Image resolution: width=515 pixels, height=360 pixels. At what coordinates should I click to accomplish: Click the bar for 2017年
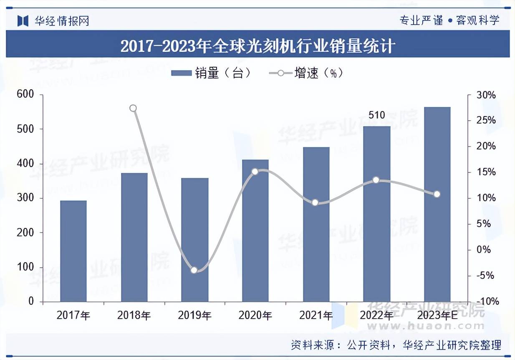(x=73, y=251)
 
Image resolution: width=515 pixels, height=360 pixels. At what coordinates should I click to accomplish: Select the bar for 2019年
(x=194, y=240)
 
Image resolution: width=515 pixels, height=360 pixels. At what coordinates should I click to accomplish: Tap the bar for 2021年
(x=316, y=224)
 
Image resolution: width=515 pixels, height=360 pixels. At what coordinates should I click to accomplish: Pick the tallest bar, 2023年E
(x=437, y=204)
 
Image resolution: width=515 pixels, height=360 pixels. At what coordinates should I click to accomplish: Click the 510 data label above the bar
(x=376, y=115)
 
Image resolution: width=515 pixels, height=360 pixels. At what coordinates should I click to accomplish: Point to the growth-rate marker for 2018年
(x=133, y=108)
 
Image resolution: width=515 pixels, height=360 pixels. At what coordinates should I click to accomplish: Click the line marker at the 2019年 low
(x=194, y=270)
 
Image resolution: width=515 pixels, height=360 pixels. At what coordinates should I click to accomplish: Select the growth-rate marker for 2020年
(x=255, y=171)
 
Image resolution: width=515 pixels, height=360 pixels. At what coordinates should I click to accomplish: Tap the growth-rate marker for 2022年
(x=376, y=180)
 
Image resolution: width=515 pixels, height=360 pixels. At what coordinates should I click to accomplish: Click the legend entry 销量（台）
(x=211, y=73)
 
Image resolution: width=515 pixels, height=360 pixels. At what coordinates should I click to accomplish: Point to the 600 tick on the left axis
(x=25, y=95)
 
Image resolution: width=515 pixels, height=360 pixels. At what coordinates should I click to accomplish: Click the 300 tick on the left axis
(x=25, y=198)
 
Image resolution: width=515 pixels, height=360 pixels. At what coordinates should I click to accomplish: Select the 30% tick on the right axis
(x=486, y=95)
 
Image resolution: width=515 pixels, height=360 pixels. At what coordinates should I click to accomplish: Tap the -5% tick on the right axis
(x=486, y=276)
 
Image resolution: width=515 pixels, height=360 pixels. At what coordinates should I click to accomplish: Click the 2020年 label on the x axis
(x=255, y=315)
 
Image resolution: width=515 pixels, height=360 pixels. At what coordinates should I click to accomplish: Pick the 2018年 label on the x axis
(x=134, y=315)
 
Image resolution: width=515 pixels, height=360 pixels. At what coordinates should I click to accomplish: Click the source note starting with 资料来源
(x=396, y=345)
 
